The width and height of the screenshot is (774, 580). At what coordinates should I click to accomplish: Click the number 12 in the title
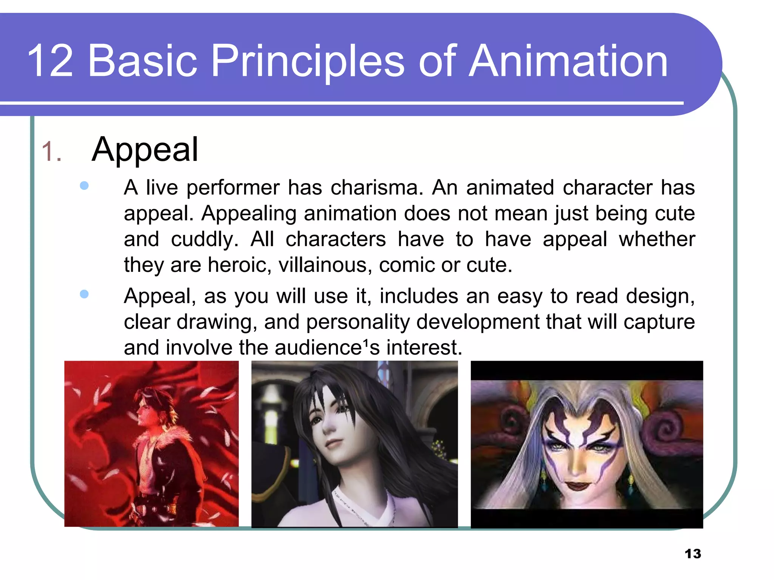pos(50,61)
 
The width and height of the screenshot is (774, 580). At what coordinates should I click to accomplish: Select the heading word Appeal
pos(145,150)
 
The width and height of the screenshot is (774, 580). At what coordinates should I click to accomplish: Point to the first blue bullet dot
pos(84,185)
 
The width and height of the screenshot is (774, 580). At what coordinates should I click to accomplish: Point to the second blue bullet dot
pos(84,294)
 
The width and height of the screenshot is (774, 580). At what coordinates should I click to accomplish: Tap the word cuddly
pos(204,239)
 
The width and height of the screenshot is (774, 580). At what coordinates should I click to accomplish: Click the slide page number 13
pos(693,554)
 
